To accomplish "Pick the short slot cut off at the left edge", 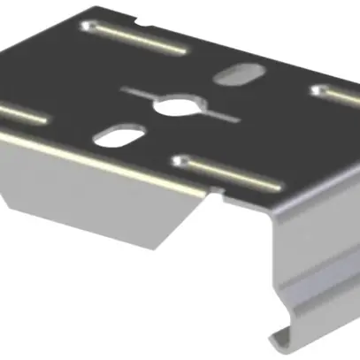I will pos(22,112).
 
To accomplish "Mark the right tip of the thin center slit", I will pos(237,119).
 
